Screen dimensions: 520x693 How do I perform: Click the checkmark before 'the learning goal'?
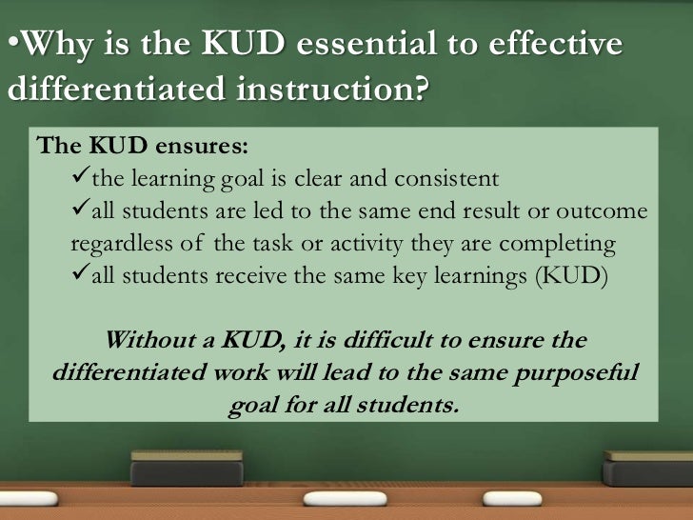(x=80, y=178)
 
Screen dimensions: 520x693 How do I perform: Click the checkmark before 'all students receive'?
(x=80, y=276)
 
